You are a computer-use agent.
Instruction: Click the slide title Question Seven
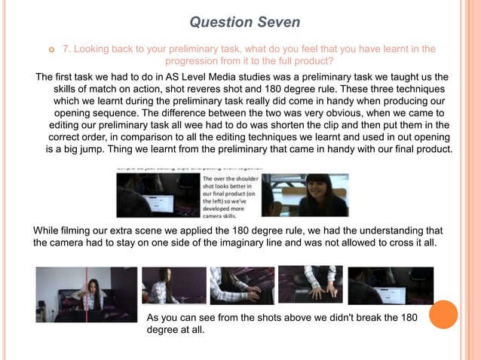click(244, 22)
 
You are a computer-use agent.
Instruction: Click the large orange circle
click(443, 314)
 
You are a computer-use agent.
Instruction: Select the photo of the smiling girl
click(305, 195)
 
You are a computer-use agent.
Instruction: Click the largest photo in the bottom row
click(87, 294)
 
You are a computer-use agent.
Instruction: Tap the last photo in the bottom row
click(391, 285)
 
